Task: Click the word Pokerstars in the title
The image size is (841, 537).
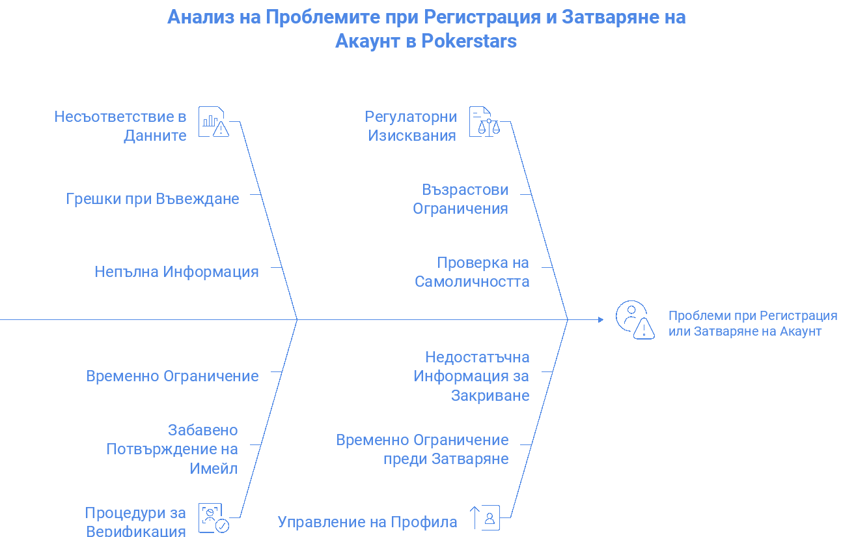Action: pos(469,41)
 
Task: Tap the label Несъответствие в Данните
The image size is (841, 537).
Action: pos(120,126)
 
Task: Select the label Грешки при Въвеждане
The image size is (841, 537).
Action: pos(152,199)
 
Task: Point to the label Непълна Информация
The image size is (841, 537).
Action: pos(176,272)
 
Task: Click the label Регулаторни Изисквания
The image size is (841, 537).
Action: pos(411,126)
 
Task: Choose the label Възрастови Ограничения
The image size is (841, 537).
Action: pos(461,199)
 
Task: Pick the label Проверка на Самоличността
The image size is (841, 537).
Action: pos(472,272)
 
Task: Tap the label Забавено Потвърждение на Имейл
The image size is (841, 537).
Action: pos(172,449)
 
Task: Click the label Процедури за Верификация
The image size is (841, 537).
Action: pos(135,521)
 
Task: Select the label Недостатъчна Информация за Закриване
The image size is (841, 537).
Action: pos(471,376)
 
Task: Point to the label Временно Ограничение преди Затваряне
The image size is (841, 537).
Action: pos(422,450)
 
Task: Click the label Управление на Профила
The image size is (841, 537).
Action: pos(368,522)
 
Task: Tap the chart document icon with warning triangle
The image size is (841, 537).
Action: pos(214,122)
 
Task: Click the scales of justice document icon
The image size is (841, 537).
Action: pos(485,122)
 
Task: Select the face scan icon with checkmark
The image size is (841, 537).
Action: pos(214,518)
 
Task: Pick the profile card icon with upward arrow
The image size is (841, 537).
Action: pos(485,518)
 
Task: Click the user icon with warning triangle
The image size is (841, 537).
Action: pos(635,320)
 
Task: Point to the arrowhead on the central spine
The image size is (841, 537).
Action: pos(601,320)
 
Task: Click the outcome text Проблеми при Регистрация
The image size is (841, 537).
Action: pos(752,315)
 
